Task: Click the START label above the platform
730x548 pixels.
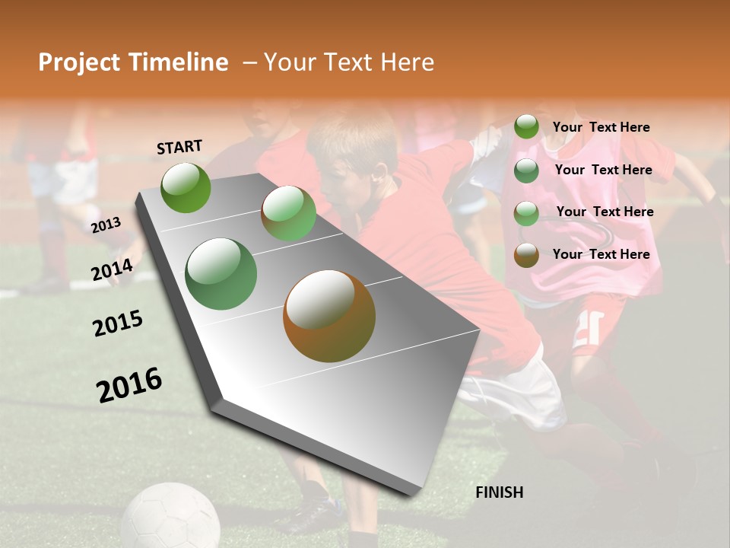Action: (x=179, y=147)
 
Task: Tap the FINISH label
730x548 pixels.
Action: (x=499, y=492)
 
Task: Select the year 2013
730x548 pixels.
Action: (x=106, y=225)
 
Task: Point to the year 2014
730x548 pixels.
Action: (x=113, y=270)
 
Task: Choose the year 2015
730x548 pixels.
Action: (x=118, y=323)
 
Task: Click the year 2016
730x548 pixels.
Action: (x=129, y=385)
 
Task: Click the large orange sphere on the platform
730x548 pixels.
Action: (x=329, y=316)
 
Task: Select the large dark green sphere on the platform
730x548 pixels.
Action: (x=221, y=274)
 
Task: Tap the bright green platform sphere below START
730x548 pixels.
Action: (x=186, y=187)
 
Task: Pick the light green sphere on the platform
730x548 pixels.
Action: (x=288, y=214)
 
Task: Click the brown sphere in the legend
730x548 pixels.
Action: (x=526, y=255)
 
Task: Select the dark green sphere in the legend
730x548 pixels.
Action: (x=526, y=170)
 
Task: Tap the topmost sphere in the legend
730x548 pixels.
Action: (x=526, y=127)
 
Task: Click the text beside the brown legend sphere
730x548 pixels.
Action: (x=601, y=254)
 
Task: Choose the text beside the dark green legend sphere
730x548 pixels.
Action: (x=603, y=170)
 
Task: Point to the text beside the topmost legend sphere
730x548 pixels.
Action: (x=601, y=127)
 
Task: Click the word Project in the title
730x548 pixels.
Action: (x=78, y=62)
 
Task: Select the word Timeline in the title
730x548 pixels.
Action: (x=179, y=62)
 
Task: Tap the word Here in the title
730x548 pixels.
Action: (x=407, y=62)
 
